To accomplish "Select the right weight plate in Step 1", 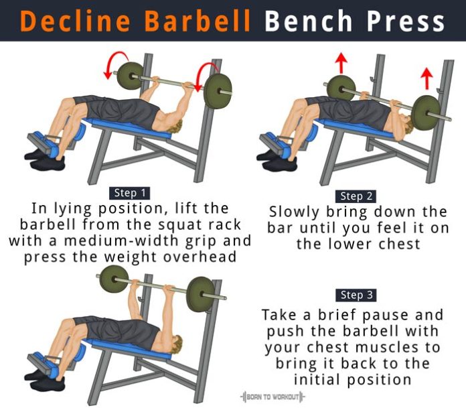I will pos(217,89).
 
